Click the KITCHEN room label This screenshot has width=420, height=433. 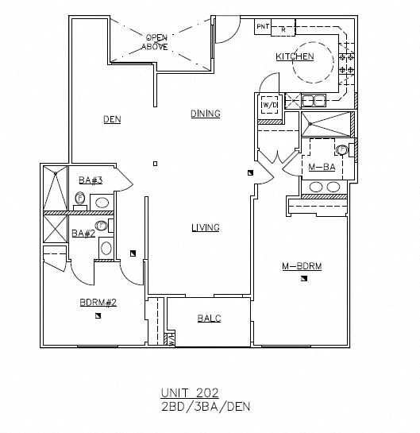[295, 57]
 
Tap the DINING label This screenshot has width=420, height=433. [205, 114]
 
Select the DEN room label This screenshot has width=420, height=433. [111, 120]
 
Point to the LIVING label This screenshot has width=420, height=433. [205, 228]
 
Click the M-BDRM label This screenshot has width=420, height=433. [301, 265]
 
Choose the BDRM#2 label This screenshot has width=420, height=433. [98, 302]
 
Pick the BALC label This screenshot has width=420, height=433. [209, 319]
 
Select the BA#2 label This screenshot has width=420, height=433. [83, 233]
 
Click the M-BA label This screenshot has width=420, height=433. [320, 166]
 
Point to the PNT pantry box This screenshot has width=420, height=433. [263, 27]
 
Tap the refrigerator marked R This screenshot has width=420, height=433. [284, 29]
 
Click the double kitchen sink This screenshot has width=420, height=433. [313, 100]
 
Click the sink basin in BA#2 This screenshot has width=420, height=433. [106, 249]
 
